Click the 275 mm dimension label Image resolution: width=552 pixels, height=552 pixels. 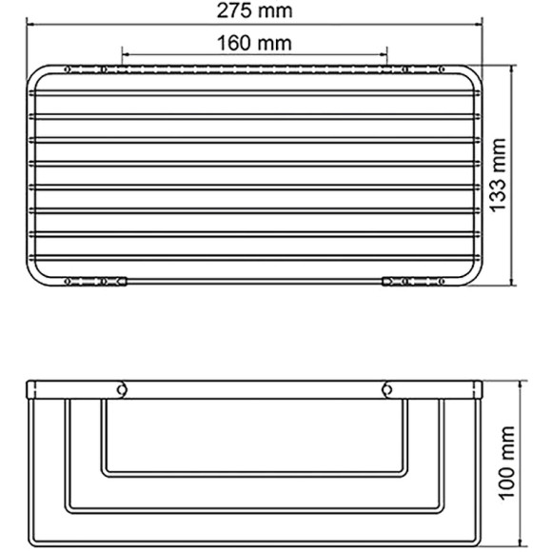pos(254,11)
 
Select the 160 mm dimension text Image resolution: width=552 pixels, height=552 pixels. pos(254,43)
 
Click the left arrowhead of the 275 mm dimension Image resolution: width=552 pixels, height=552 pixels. pos(29,26)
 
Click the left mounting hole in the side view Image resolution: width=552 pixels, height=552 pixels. pos(122,388)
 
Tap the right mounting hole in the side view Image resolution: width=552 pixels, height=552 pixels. pos(386,388)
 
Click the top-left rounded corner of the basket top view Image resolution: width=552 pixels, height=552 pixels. pos(34,75)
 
